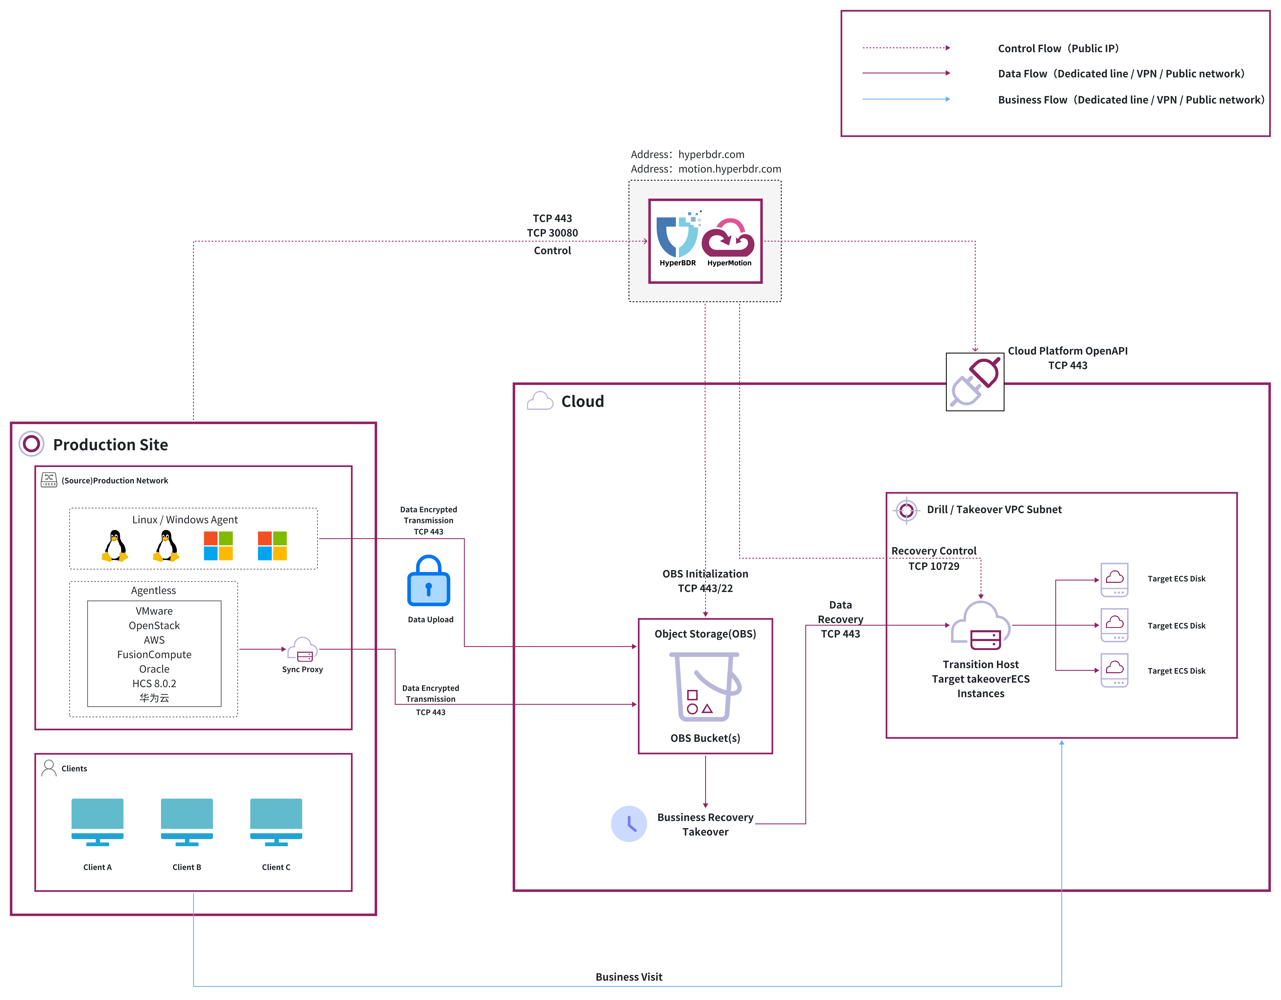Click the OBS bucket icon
[705, 687]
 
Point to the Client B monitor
[186, 822]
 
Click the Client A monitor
[97, 822]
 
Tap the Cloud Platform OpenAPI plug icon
[975, 381]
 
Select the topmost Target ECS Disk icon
[1114, 580]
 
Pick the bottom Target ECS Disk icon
[1114, 670]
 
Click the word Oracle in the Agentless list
[154, 669]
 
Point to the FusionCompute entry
[154, 654]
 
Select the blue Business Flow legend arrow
[906, 99]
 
